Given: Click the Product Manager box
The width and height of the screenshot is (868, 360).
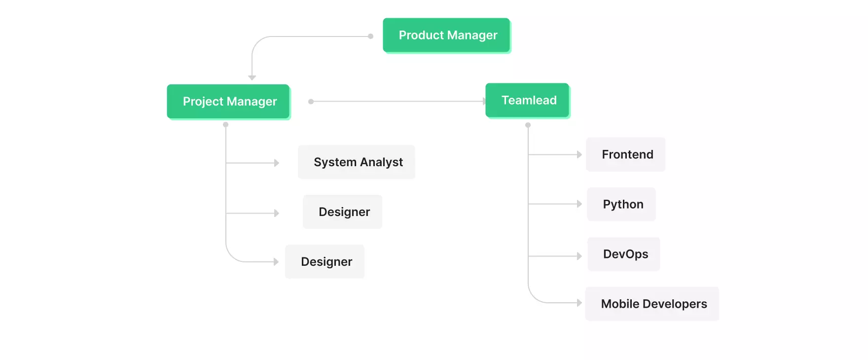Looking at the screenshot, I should point(446,36).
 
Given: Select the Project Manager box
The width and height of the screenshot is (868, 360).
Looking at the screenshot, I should point(228,102).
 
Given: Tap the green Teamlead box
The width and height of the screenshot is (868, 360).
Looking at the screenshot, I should point(527,101).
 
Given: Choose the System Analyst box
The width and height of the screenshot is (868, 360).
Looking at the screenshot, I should point(357,162).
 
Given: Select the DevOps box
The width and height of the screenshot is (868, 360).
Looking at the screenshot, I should point(624,254).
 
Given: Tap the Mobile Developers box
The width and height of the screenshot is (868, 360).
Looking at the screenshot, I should point(652,304).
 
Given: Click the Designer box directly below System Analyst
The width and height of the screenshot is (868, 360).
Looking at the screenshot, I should point(343,212).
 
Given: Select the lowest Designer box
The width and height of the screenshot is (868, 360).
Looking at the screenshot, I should point(325,262).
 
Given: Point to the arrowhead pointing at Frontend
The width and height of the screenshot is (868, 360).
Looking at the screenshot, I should point(579,155).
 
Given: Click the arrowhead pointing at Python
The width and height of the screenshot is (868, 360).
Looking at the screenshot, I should point(579,204).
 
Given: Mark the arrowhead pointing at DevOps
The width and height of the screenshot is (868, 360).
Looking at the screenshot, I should point(579,256).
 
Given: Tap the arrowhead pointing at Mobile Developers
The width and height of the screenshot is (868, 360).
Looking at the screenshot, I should point(579,303).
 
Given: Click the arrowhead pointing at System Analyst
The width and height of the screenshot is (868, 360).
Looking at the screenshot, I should point(277,163).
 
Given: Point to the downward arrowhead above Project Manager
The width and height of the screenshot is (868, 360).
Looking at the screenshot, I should point(252,78).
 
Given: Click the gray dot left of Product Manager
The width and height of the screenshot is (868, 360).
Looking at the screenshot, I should point(370,36).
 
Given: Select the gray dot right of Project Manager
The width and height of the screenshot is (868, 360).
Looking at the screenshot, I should point(311,102).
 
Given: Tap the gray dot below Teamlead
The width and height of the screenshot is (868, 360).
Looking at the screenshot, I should point(528,125).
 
